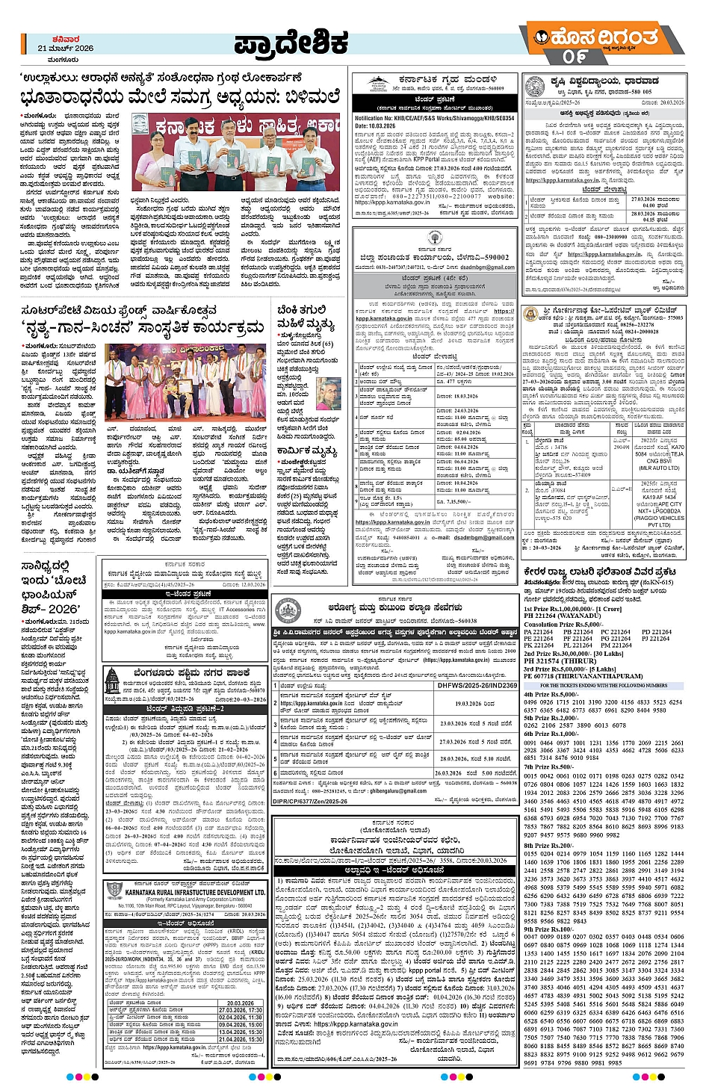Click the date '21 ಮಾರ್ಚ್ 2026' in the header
[66, 48]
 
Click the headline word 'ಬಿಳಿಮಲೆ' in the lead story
[303, 97]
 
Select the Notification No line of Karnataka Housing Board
[434, 118]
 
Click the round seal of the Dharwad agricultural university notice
[535, 87]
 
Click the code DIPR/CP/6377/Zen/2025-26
[311, 802]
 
